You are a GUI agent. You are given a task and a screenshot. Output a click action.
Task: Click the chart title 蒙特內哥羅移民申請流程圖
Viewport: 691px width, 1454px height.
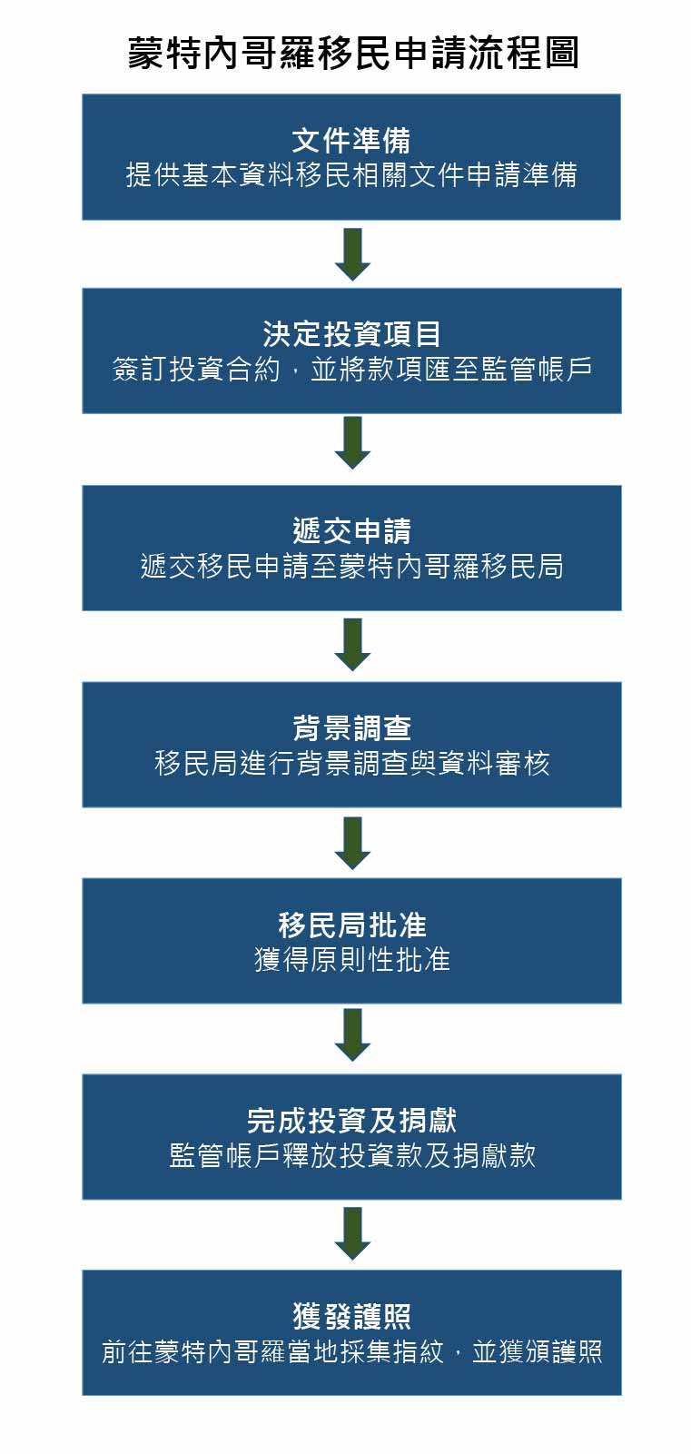click(x=352, y=54)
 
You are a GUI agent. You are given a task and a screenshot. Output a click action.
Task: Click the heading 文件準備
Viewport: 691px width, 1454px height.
click(x=351, y=141)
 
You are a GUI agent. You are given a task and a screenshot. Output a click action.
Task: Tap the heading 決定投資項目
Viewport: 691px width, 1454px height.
click(x=351, y=334)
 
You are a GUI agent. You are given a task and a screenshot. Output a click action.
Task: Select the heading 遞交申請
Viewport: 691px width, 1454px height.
click(x=351, y=531)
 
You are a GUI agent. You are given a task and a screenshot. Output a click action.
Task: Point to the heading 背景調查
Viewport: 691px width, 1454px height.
click(x=351, y=728)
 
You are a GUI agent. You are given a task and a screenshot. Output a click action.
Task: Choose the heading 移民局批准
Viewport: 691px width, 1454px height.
click(x=351, y=925)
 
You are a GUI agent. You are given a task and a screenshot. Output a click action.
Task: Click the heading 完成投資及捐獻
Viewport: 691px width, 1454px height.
click(x=351, y=1121)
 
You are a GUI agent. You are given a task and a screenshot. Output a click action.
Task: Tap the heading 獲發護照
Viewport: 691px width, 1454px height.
click(x=351, y=1317)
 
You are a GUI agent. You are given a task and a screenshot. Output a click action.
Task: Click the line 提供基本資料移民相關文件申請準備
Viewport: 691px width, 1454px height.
click(x=351, y=175)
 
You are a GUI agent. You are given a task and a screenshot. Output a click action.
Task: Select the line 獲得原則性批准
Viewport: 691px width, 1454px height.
click(x=351, y=960)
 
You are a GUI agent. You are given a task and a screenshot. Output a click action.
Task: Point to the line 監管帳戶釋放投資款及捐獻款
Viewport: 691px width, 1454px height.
click(x=351, y=1156)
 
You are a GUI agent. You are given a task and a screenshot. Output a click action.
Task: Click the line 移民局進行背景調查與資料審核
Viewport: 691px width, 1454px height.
click(x=351, y=764)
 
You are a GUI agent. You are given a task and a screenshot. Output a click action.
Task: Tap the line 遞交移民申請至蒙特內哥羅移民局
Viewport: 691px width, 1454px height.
click(x=351, y=567)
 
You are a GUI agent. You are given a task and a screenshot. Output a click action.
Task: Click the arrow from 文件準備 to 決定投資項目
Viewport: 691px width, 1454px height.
click(x=352, y=253)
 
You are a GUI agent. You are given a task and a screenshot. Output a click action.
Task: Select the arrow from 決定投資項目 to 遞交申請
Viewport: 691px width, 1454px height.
click(x=352, y=442)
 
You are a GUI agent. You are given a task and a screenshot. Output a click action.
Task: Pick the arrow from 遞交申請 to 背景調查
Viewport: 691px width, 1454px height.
click(x=352, y=644)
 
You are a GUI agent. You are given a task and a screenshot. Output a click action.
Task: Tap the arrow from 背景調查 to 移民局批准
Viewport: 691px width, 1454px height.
click(x=352, y=843)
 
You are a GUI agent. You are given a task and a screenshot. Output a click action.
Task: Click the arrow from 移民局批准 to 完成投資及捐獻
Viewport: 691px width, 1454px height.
click(x=352, y=1034)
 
